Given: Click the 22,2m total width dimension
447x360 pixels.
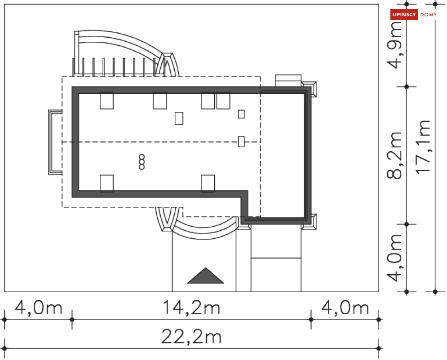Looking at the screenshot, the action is pos(191,337).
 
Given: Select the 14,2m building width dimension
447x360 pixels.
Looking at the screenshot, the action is pos(191,307).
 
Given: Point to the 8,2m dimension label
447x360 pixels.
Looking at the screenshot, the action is pos(394,155).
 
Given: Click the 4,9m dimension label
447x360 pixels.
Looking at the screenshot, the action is pos(394,45).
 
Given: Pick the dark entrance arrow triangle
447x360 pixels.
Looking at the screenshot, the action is pos(206,276).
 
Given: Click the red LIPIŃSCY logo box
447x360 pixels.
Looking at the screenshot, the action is pos(404,14).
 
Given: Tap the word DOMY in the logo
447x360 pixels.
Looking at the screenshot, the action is pos(429,14).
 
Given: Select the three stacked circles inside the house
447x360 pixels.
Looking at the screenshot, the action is pos(142,162).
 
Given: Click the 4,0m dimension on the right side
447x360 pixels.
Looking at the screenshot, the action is pos(394,258).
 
